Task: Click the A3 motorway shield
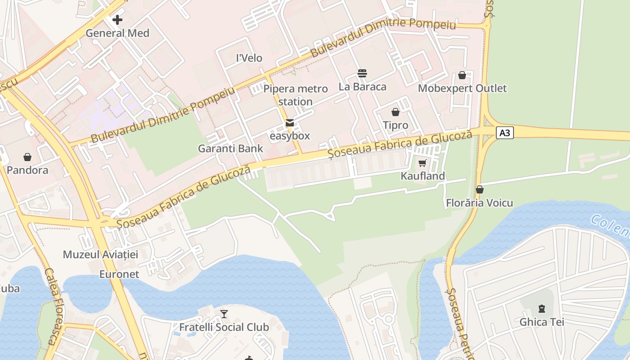pyautogui.click(x=505, y=133)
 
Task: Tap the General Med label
pyautogui.click(x=117, y=33)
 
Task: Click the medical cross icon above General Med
pyautogui.click(x=117, y=20)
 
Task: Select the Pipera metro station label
pyautogui.click(x=295, y=95)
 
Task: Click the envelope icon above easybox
pyautogui.click(x=290, y=123)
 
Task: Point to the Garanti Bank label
pyautogui.click(x=230, y=148)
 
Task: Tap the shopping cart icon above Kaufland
pyautogui.click(x=422, y=163)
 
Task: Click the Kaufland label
pyautogui.click(x=423, y=176)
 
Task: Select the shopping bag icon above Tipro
pyautogui.click(x=396, y=112)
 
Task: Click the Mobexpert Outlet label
pyautogui.click(x=462, y=88)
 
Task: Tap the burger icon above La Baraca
pyautogui.click(x=362, y=73)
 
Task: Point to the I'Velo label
pyautogui.click(x=249, y=58)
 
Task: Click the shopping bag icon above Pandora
pyautogui.click(x=27, y=157)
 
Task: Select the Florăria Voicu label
pyautogui.click(x=479, y=203)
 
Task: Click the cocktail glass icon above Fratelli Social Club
pyautogui.click(x=224, y=314)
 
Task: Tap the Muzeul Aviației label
pyautogui.click(x=100, y=254)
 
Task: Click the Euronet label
pyautogui.click(x=119, y=274)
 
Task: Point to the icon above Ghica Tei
pyautogui.click(x=542, y=309)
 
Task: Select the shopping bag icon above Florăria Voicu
pyautogui.click(x=480, y=190)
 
